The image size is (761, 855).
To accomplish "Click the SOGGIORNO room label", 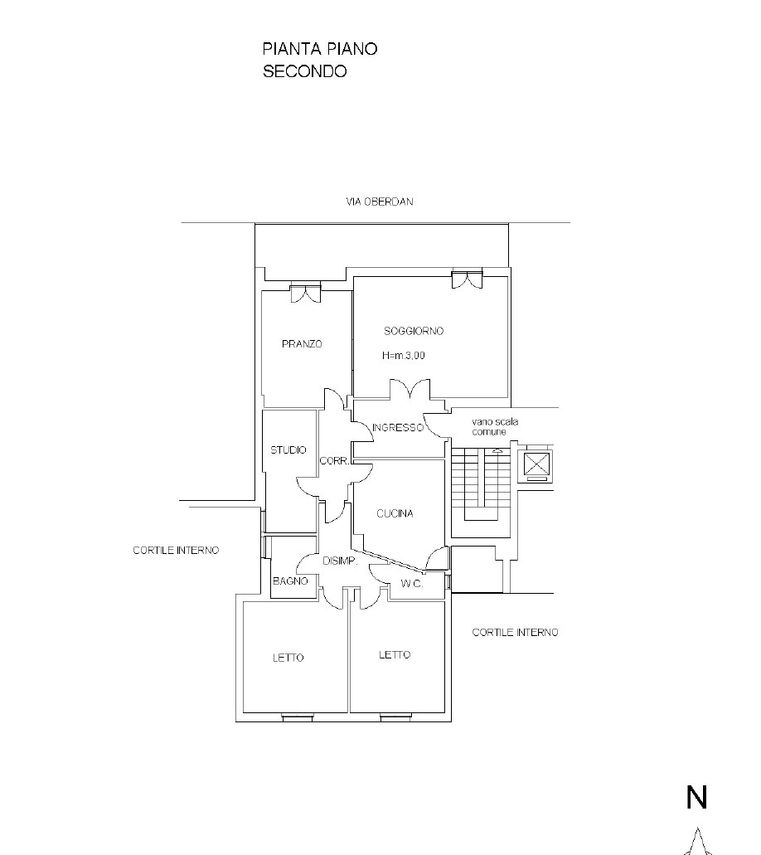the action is click(413, 331).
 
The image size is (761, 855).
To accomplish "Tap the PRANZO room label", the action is click(302, 344).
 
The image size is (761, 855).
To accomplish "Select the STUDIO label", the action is click(288, 449).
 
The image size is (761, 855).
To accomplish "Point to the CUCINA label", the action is click(395, 513).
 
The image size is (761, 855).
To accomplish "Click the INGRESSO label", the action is click(398, 428).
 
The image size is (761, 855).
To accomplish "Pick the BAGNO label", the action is click(290, 581).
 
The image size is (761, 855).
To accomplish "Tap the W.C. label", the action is click(411, 584).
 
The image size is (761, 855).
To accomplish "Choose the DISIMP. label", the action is click(340, 561).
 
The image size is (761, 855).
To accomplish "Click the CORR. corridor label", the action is click(334, 461).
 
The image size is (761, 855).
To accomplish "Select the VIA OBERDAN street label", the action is click(380, 202).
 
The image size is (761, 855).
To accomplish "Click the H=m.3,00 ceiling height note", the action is click(404, 356).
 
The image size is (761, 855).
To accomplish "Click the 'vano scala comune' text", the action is click(495, 426).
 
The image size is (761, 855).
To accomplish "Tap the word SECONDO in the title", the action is click(305, 71).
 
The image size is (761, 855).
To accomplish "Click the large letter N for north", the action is click(696, 797).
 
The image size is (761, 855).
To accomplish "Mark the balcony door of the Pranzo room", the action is click(305, 293).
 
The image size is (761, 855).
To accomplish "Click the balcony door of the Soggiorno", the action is click(468, 279).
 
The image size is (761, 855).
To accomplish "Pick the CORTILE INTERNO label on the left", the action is click(176, 551).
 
